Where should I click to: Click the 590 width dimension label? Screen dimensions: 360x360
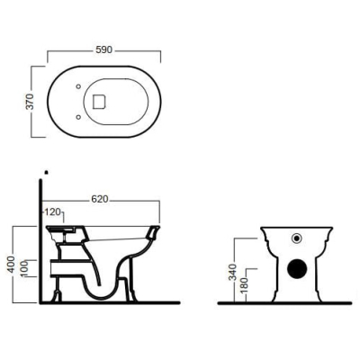pos(103,49)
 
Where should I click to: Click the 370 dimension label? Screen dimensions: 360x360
pos(30,102)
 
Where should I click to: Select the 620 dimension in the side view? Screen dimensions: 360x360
pos(100,199)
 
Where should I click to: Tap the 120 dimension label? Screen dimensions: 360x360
pos(53,212)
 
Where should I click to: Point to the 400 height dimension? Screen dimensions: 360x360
pos(11,264)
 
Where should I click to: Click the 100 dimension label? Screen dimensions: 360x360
pos(24,268)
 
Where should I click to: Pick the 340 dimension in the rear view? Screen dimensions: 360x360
pos(233,272)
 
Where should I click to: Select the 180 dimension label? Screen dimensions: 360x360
pos(245,285)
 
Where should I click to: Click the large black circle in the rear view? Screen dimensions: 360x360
pos(297,268)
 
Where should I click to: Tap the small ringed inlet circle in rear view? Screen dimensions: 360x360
pos(297,238)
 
